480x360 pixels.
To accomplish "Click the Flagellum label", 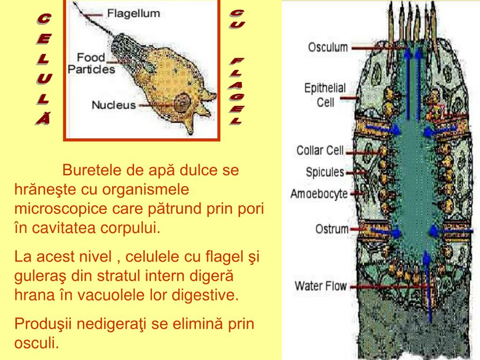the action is click(x=134, y=13).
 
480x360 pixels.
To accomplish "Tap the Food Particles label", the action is click(x=91, y=63).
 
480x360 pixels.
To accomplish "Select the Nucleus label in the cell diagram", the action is click(x=113, y=105).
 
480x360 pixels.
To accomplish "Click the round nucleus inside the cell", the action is click(x=181, y=102).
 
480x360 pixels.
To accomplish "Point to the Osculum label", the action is click(x=328, y=47).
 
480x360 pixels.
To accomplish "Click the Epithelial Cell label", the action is click(x=325, y=95).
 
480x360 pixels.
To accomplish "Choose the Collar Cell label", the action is click(x=320, y=151).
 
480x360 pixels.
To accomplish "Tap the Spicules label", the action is click(x=325, y=172).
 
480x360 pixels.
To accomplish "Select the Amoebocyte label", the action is click(x=319, y=194).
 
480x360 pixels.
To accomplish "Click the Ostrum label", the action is click(x=332, y=230).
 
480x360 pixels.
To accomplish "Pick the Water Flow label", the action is click(x=320, y=286).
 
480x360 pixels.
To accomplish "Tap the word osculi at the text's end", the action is click(x=37, y=343).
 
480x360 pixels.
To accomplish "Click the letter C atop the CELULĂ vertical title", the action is click(x=44, y=19).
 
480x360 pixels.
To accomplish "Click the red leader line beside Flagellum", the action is click(x=92, y=15).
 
